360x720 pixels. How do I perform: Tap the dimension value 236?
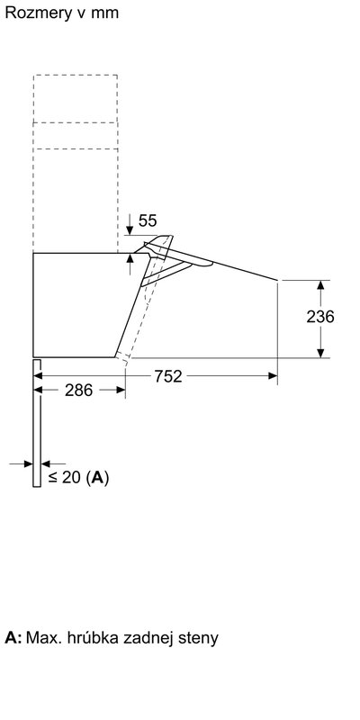tap(320, 317)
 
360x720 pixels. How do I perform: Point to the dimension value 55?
tap(148, 220)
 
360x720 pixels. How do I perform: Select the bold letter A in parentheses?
tap(99, 478)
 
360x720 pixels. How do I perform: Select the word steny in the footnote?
tap(198, 638)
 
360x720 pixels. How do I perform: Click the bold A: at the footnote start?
tap(13, 638)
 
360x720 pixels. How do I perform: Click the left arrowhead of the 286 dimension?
tap(38, 390)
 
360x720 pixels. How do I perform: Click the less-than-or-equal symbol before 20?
tap(52, 478)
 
